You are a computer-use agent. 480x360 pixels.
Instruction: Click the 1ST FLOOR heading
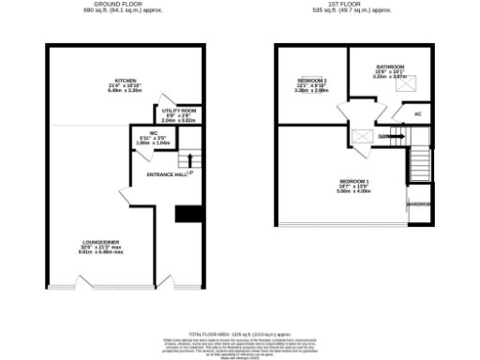(x=355, y=5)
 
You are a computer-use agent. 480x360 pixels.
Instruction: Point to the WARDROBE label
(x=418, y=203)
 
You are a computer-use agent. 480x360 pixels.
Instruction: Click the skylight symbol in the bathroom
(x=407, y=86)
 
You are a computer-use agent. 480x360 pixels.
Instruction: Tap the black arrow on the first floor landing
(x=397, y=138)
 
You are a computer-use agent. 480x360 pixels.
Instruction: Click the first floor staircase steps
(x=418, y=169)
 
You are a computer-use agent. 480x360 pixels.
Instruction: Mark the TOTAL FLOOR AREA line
(x=239, y=334)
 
